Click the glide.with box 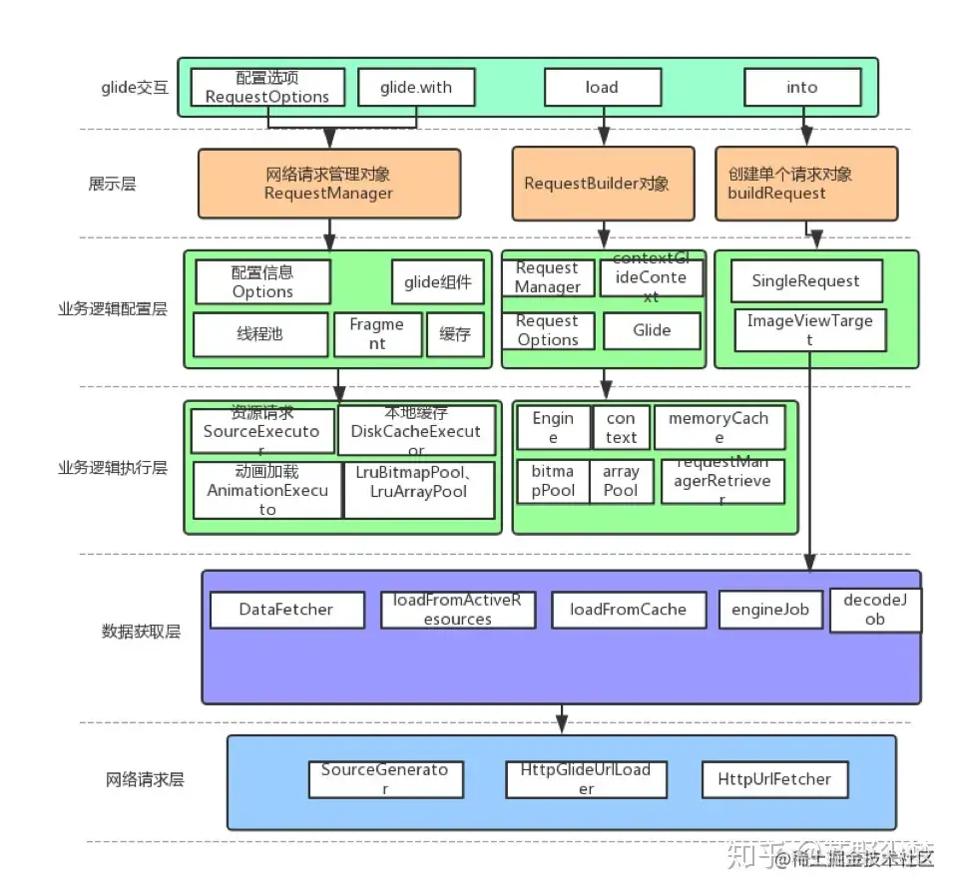click(x=415, y=88)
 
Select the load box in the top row click(x=602, y=88)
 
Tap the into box click(x=801, y=88)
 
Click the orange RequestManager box click(x=328, y=184)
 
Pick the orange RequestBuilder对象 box click(x=602, y=184)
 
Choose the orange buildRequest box click(x=805, y=184)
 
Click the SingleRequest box click(x=805, y=281)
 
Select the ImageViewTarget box click(x=809, y=330)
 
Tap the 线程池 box click(x=259, y=334)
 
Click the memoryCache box click(x=718, y=427)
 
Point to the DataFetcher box click(x=286, y=610)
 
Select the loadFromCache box click(x=628, y=610)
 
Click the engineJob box click(x=770, y=610)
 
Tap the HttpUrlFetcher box click(x=774, y=779)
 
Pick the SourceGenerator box click(x=385, y=778)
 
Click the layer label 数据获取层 click(x=141, y=632)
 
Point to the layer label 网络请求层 click(x=145, y=780)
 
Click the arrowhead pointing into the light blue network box click(x=563, y=727)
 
